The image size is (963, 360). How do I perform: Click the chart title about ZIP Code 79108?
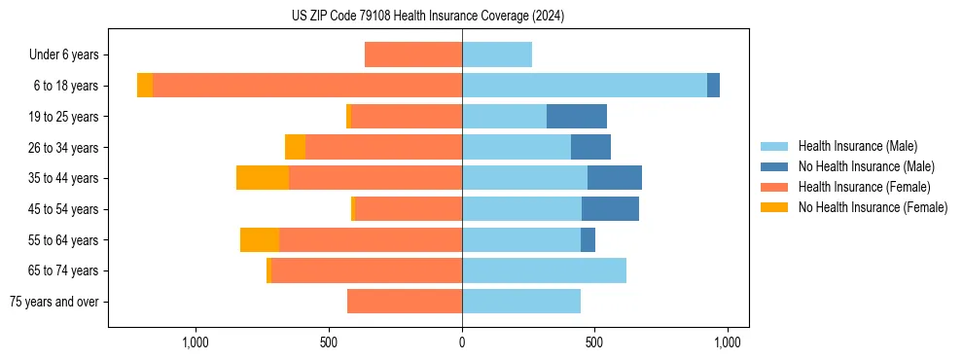coord(428,17)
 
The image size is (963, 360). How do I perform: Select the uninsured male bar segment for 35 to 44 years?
coord(615,178)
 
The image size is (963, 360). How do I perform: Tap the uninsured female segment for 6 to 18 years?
coord(145,86)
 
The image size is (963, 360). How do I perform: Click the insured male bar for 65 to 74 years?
coord(544,270)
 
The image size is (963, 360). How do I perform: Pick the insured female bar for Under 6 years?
coord(413,54)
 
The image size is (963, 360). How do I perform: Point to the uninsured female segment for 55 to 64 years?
coord(260,239)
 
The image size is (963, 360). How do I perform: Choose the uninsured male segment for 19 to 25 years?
coord(577,117)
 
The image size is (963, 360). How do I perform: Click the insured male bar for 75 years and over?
coord(521,302)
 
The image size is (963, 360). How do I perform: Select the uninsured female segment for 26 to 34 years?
coord(295,147)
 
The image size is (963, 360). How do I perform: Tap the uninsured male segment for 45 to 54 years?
coord(610,209)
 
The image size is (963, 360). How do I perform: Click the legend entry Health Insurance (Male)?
coord(857,146)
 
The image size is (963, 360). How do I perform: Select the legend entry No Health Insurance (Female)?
coord(873,207)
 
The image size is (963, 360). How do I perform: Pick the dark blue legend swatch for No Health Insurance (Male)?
coord(775,166)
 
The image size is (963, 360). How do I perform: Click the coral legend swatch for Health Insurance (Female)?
coord(775,187)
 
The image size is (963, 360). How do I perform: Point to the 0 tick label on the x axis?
coord(462,342)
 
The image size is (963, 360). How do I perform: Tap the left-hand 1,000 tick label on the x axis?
coord(196,342)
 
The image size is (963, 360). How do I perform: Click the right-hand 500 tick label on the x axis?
coord(594,342)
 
